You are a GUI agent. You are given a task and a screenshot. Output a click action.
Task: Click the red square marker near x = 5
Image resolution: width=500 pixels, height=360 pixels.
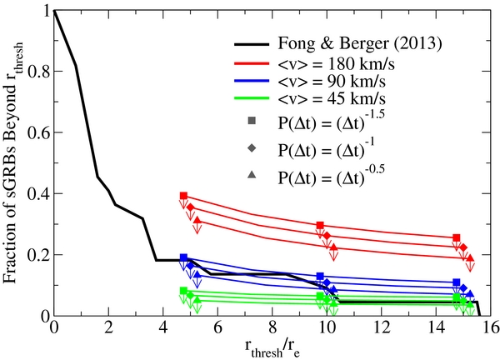click(183, 195)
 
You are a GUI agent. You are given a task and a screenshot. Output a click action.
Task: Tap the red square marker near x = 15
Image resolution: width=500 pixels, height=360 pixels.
click(456, 237)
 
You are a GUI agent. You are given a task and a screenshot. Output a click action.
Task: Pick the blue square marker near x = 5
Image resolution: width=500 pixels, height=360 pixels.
click(183, 257)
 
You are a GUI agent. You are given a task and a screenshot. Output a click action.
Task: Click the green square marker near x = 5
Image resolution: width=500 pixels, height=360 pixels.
click(183, 290)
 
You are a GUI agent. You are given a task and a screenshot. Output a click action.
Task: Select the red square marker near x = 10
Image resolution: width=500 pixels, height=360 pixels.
click(320, 225)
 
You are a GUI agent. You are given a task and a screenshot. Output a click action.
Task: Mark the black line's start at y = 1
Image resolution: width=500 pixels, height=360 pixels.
click(54, 10)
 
